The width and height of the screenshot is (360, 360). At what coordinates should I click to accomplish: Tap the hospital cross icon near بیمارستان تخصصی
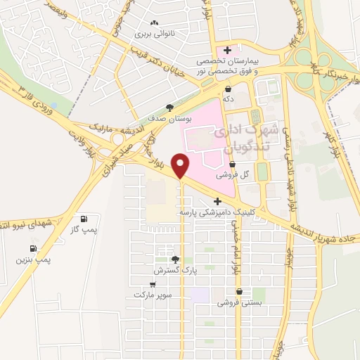pyautogui.click(x=226, y=49)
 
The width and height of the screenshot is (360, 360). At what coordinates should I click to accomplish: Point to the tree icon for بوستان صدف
pyautogui.click(x=168, y=108)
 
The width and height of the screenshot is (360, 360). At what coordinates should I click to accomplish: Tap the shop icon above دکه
pyautogui.click(x=229, y=89)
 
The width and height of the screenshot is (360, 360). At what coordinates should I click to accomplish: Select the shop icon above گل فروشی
pyautogui.click(x=233, y=165)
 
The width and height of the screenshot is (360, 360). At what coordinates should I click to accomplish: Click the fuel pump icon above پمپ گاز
pyautogui.click(x=85, y=219)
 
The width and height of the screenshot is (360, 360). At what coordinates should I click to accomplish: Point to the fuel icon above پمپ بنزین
pyautogui.click(x=33, y=249)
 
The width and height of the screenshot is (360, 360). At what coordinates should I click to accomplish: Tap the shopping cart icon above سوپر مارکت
pyautogui.click(x=153, y=285)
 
